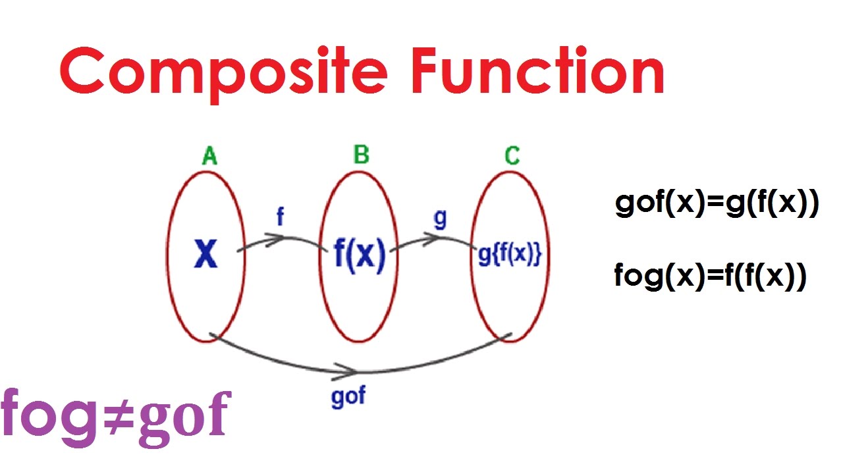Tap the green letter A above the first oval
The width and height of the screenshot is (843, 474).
click(209, 156)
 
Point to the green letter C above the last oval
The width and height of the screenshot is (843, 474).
click(512, 156)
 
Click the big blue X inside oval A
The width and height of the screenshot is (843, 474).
click(205, 254)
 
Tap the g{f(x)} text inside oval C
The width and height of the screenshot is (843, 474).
click(510, 255)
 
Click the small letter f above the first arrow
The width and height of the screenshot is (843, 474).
click(280, 217)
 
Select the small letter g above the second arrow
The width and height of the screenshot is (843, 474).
click(440, 219)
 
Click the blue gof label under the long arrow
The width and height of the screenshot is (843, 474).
click(348, 396)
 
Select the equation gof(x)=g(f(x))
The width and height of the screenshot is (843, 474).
click(717, 205)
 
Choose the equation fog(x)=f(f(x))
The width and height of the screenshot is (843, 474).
click(710, 276)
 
